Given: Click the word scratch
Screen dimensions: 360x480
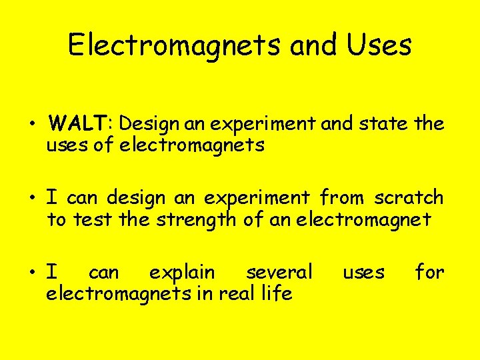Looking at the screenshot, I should pyautogui.click(x=409, y=198).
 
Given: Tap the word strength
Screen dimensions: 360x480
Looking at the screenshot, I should pyautogui.click(x=196, y=219).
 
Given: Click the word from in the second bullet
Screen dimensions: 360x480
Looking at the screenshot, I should pyautogui.click(x=341, y=198).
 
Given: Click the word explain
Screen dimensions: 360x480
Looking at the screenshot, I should pyautogui.click(x=182, y=273).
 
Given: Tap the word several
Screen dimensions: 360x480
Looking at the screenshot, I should pyautogui.click(x=279, y=272).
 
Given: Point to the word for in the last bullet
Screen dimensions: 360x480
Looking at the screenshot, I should pyautogui.click(x=429, y=272).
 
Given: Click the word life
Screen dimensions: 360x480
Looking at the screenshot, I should pyautogui.click(x=276, y=293).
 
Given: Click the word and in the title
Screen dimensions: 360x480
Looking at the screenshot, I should pyautogui.click(x=315, y=45).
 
